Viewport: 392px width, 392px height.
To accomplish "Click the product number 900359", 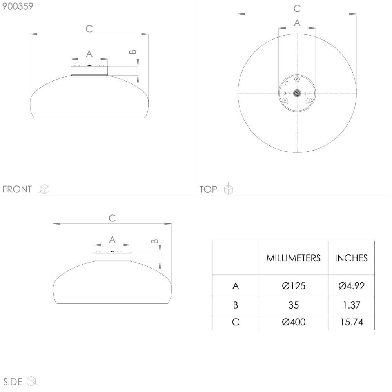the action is point(18,6).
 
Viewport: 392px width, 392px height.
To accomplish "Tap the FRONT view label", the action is point(17,189).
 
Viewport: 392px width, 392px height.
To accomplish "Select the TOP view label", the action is point(208,189).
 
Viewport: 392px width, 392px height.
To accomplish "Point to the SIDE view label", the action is point(13,382).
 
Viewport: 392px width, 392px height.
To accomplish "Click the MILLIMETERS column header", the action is point(293,258).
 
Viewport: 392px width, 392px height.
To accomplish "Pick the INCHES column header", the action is point(351,258).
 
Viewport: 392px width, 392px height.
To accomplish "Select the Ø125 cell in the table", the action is point(294,286).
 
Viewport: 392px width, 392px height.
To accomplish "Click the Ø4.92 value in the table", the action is point(352,286).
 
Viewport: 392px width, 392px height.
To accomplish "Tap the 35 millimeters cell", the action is point(294,305).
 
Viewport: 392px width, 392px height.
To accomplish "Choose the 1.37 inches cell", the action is point(352,305).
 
